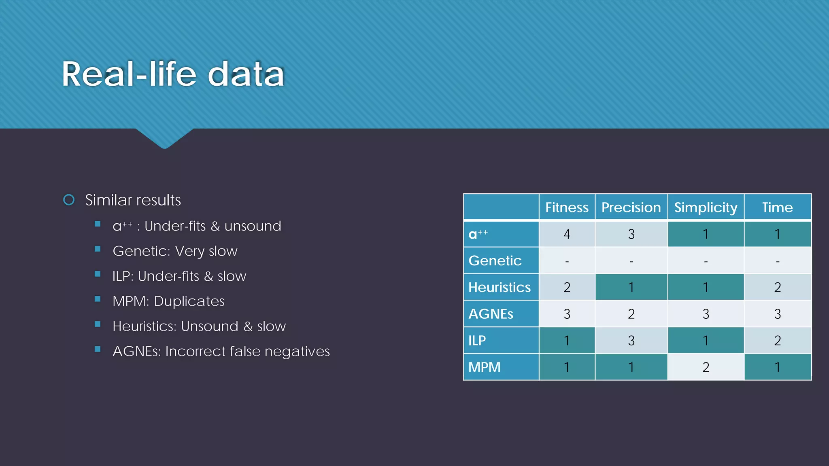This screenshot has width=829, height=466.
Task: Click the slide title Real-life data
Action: pos(173,74)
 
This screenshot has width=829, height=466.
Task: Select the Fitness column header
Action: pos(567,208)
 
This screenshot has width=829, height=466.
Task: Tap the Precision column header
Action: pos(631,208)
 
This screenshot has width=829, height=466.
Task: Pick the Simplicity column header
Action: pos(706,208)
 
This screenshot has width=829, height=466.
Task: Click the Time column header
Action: pos(777,208)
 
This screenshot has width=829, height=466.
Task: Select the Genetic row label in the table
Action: pos(495,261)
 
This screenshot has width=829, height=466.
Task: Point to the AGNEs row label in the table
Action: pos(491,314)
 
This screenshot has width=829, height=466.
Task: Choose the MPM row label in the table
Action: pos(485,367)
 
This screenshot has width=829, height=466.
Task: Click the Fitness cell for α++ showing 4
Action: pos(567,234)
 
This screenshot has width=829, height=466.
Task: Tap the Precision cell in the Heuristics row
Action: pos(631,288)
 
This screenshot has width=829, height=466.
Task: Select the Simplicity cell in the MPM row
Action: pos(706,367)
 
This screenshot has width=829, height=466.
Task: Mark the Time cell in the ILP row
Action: pos(777,341)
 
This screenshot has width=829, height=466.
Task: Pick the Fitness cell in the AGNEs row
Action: pos(567,314)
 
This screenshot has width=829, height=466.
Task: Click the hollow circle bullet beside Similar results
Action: pos(69,200)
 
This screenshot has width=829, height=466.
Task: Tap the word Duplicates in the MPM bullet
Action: pos(189,301)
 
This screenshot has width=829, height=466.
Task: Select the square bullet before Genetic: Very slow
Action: pos(98,249)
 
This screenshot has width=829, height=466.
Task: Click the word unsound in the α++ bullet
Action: pos(253,226)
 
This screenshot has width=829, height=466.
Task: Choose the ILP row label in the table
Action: pos(477,341)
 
